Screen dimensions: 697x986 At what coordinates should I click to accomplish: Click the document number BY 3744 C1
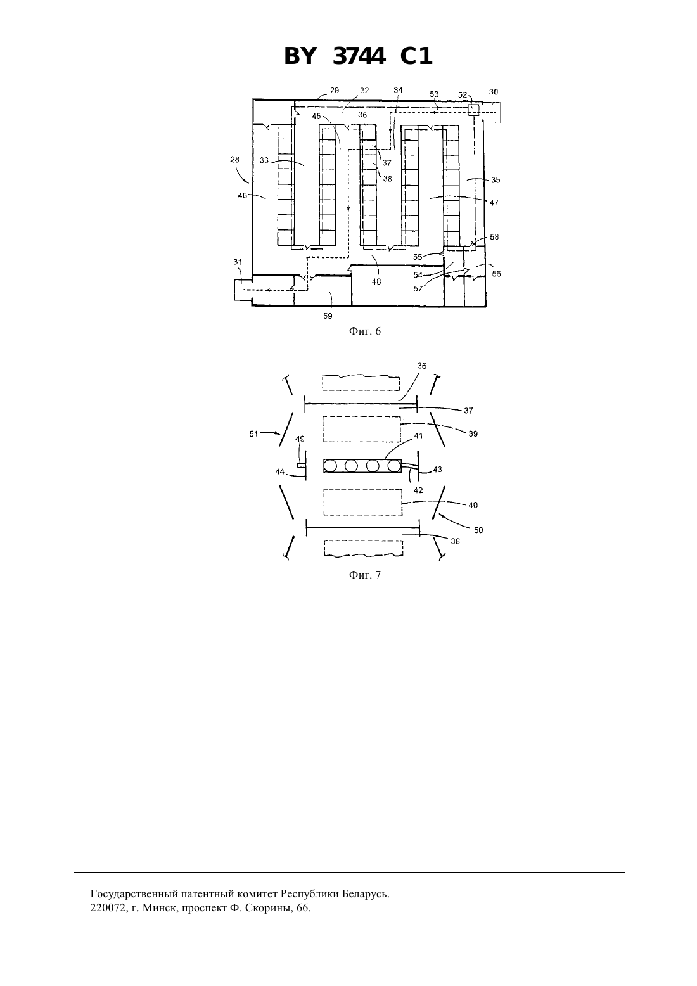coord(358,56)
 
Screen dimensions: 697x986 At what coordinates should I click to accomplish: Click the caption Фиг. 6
coord(365,331)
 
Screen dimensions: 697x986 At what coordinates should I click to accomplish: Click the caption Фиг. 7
coord(365,575)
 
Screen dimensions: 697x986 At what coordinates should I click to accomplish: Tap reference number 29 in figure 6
coord(335,90)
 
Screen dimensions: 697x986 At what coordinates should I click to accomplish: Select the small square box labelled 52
coord(473,110)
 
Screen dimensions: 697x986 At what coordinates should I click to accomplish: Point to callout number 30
coord(493,92)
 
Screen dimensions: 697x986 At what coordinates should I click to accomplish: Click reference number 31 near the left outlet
coord(238,262)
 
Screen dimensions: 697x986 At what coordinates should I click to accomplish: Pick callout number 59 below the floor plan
coord(328,316)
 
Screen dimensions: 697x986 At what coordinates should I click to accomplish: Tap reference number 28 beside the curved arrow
coord(235,159)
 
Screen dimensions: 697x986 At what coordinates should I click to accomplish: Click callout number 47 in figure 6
coord(494,203)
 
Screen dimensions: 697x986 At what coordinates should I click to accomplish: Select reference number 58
coord(494,237)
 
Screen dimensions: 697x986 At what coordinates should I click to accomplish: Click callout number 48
coord(376,282)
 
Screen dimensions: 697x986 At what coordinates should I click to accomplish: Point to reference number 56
coord(496,274)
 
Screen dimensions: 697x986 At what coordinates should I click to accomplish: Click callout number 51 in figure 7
coord(253,434)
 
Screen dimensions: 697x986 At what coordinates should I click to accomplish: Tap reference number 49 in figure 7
coord(300,439)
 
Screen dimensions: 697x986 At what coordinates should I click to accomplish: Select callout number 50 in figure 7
coord(478,530)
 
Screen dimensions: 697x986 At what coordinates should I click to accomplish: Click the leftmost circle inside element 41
coord(331,466)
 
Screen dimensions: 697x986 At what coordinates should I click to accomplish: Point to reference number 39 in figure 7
coord(473,433)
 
